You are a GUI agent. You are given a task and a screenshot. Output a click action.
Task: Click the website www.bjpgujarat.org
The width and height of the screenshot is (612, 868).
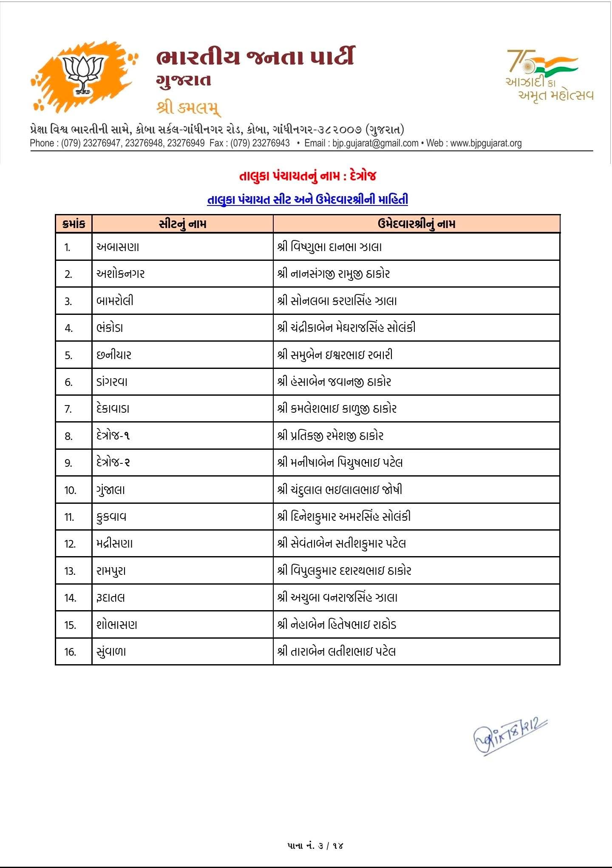click(x=486, y=143)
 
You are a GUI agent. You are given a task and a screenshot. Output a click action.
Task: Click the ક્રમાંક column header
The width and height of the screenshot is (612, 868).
click(x=74, y=224)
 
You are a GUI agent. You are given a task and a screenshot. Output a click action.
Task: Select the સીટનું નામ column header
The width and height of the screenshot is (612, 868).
click(x=182, y=224)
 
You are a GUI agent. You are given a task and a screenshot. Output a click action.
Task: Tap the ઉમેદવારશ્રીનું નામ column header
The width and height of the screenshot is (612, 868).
click(x=416, y=224)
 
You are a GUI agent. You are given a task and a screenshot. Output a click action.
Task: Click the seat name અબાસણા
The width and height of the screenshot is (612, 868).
click(x=118, y=247)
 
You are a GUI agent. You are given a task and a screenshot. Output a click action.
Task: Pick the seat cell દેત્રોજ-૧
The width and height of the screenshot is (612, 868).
click(x=113, y=436)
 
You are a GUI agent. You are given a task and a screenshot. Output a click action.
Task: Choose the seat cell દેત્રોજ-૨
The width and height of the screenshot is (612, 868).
click(x=113, y=463)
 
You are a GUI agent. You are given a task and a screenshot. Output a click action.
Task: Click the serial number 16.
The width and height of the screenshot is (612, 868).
click(x=70, y=652)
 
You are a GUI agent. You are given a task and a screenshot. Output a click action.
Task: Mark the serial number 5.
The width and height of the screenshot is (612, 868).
click(x=69, y=355)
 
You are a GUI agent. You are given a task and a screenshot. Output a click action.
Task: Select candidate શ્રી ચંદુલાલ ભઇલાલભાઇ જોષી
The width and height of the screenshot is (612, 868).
click(x=340, y=490)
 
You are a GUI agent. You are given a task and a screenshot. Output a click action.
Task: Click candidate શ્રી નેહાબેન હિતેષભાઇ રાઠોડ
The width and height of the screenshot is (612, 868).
click(x=337, y=625)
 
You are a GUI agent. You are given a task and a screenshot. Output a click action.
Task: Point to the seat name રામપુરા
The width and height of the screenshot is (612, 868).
click(x=111, y=571)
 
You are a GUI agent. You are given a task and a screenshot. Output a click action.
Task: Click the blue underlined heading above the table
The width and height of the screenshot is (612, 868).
click(x=307, y=200)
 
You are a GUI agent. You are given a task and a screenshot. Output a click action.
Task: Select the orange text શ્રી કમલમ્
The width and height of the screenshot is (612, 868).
click(x=188, y=108)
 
